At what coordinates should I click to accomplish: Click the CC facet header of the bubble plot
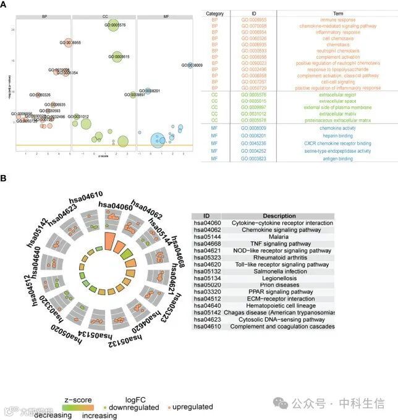(x=104, y=15)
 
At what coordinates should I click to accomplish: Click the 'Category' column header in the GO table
(x=214, y=12)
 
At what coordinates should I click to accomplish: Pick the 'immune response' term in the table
(x=299, y=20)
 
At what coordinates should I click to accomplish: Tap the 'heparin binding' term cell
(x=299, y=135)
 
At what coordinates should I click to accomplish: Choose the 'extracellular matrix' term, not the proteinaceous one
(x=299, y=113)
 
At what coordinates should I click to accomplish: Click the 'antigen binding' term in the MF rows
(x=299, y=158)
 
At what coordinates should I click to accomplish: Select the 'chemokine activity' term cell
(x=299, y=127)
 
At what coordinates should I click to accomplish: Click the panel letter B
(x=4, y=178)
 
